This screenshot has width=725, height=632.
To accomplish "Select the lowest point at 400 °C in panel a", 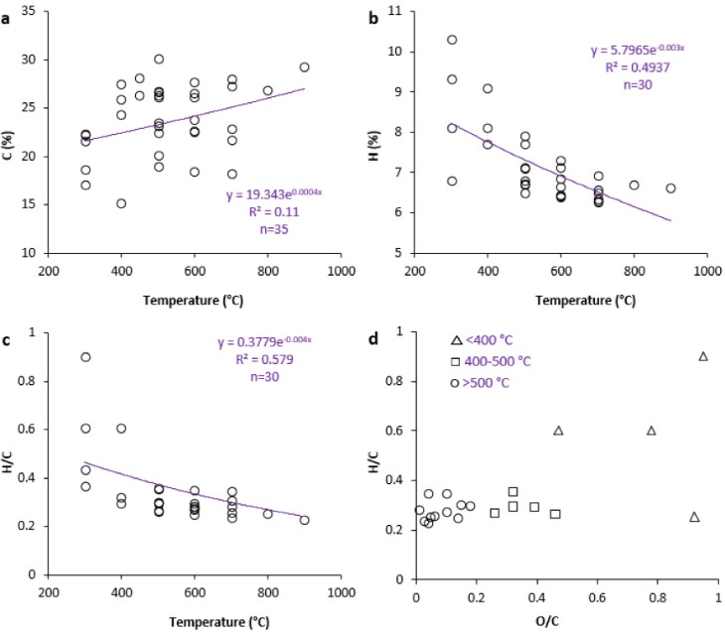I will (x=121, y=203).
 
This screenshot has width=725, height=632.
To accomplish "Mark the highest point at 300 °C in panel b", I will (x=452, y=40).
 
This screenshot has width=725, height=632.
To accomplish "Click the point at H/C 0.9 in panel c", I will (x=85, y=357).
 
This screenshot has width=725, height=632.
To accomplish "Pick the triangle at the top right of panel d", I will (x=703, y=356).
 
